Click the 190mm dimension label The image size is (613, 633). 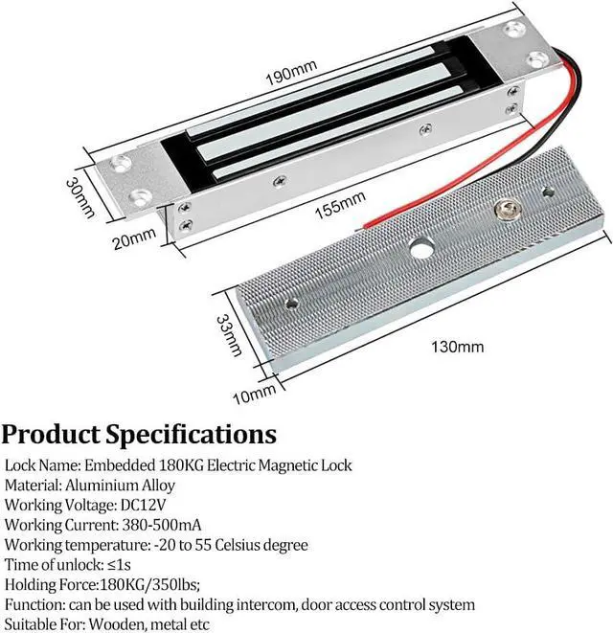coord(291,74)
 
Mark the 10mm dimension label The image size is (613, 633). coord(253,394)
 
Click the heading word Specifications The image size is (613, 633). coord(192,435)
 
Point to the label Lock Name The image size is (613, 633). coord(40,465)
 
